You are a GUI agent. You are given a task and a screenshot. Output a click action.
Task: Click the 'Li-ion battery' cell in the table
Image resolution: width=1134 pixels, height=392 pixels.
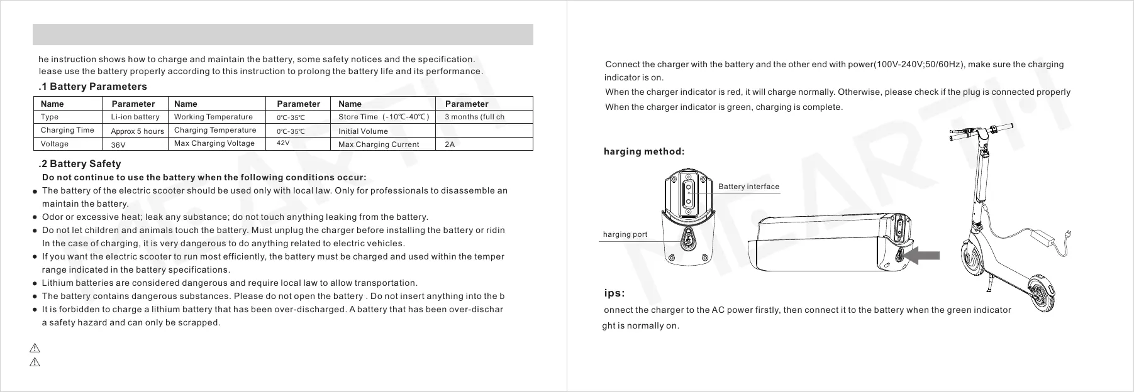(x=135, y=117)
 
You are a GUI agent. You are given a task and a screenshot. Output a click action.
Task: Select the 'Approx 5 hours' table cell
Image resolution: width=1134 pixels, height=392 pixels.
(x=137, y=131)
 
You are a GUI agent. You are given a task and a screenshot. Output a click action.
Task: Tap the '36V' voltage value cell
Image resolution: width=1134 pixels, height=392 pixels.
(x=118, y=144)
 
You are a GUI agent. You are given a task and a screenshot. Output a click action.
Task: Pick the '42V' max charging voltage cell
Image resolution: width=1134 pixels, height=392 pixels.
(x=283, y=143)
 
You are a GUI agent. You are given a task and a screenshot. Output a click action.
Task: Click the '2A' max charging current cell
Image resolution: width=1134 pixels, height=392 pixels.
(x=450, y=144)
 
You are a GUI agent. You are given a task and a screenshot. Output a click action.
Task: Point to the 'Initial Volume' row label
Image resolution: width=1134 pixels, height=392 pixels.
(x=363, y=131)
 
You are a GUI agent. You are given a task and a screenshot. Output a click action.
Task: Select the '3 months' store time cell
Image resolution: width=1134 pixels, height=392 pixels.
(x=474, y=117)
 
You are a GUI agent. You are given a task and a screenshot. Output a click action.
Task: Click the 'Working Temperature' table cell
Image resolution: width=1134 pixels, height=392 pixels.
(x=213, y=117)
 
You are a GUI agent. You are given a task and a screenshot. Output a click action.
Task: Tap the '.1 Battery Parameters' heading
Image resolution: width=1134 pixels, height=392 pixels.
(x=92, y=87)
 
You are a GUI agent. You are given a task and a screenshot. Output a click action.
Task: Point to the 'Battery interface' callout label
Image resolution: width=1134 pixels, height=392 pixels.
(x=748, y=187)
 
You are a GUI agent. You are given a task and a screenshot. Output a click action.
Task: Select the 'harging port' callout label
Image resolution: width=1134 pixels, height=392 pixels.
(x=625, y=234)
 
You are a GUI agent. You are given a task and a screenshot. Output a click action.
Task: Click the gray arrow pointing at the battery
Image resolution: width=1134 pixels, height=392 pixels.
(x=924, y=255)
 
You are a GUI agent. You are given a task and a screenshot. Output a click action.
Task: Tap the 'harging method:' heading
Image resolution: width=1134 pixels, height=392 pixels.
(x=643, y=151)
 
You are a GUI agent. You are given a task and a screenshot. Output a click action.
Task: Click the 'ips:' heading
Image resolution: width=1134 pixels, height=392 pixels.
(x=614, y=293)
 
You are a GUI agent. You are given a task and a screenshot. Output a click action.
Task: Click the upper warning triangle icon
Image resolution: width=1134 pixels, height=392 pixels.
(x=35, y=348)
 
